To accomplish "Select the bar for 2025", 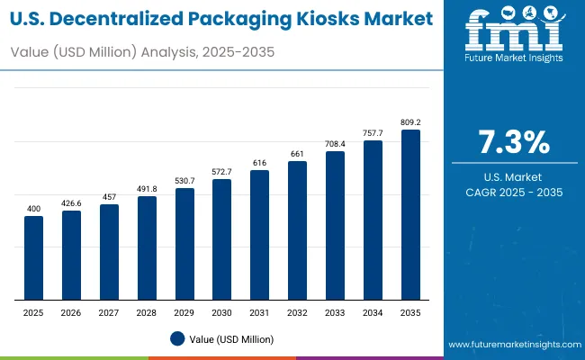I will tap(33, 257).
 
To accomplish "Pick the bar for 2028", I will tap(147, 247).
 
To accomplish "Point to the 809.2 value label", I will tap(410, 120).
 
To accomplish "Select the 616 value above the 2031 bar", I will tap(260, 162).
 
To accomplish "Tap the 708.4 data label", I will tap(335, 142).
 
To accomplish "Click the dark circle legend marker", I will tap(178, 338).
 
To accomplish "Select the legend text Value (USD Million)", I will tap(231, 338).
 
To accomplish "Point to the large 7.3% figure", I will tap(514, 143).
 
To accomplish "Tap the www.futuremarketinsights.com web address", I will tap(510, 345).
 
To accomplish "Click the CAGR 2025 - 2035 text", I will tap(514, 193).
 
